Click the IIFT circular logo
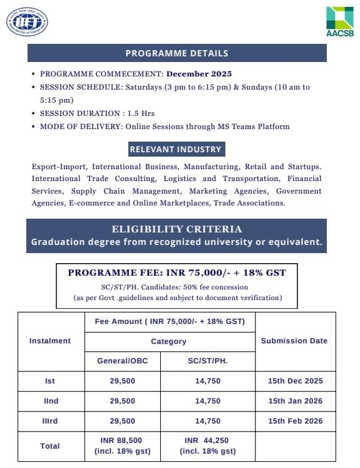27,22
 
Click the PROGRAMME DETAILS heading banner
177,53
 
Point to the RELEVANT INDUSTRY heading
175,149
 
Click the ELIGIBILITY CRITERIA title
177,229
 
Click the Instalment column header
50,341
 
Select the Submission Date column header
294,341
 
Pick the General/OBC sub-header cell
122,361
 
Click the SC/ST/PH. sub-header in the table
207,361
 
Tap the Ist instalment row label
50,381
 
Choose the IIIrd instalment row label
50,421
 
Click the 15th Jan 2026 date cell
295,401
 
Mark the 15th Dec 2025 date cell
295,381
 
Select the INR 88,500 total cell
122,446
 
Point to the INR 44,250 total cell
207,446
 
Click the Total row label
50,446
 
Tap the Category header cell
168,341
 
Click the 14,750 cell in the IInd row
207,401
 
